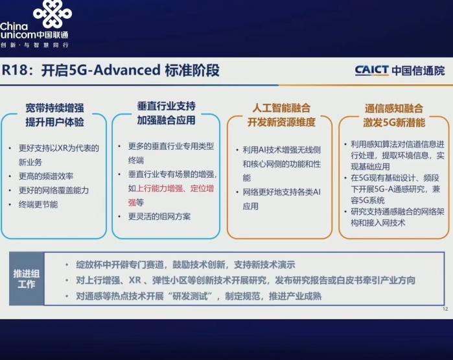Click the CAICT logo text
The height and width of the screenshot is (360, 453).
[x=371, y=70]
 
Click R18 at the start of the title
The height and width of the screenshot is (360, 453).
[x=14, y=70]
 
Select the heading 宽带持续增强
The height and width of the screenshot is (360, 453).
[x=54, y=108]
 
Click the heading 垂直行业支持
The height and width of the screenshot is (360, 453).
[x=166, y=106]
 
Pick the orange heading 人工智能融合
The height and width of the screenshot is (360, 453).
[x=281, y=108]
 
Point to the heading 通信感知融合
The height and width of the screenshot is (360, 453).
[x=394, y=108]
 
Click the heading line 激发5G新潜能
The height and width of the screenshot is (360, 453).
[x=394, y=123]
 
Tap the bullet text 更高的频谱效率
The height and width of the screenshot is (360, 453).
[x=46, y=176]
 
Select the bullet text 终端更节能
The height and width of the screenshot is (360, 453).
[x=38, y=204]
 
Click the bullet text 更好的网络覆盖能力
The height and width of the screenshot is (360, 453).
[x=54, y=190]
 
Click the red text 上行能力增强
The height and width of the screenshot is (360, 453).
[x=159, y=189]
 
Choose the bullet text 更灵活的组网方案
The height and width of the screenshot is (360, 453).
[x=159, y=217]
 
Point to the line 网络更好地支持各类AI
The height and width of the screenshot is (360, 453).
[x=282, y=192]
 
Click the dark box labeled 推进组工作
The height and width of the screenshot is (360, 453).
[x=27, y=279]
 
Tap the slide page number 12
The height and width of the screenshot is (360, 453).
[x=445, y=309]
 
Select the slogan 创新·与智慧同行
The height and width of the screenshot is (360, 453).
[x=34, y=45]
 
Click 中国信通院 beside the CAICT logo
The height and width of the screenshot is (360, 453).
[x=418, y=71]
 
